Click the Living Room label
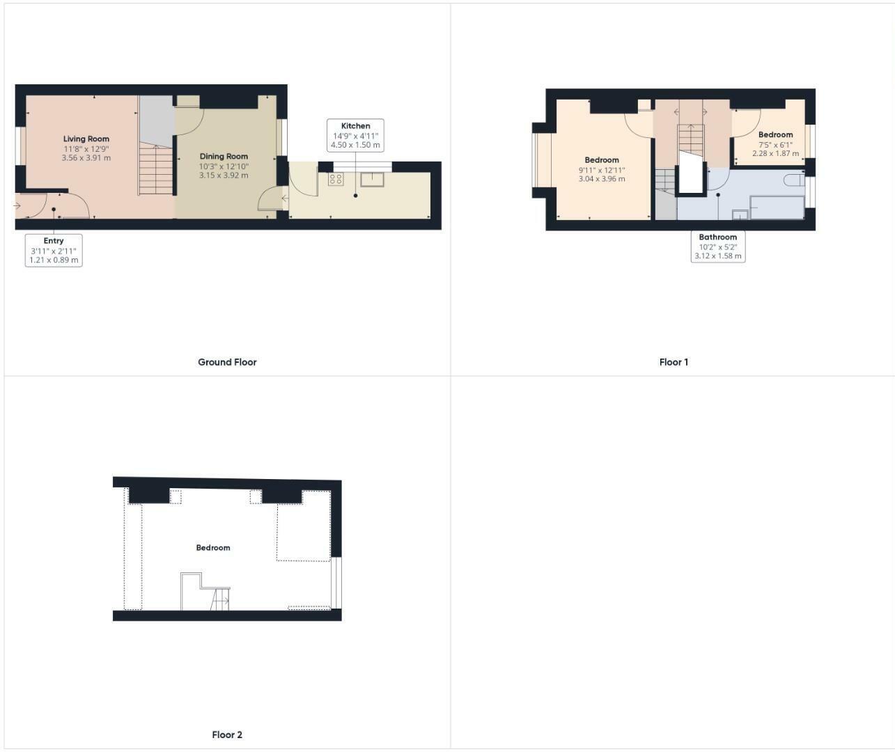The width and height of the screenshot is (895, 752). click(86, 139)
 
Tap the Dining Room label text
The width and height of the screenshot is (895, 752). click(224, 157)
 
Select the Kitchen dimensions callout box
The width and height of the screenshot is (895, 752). click(355, 136)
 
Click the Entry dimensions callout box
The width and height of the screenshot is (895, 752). click(54, 251)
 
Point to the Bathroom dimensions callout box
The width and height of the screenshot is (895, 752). click(718, 246)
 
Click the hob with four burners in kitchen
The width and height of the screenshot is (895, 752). click(336, 180)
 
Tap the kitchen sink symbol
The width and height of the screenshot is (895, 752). click(372, 180)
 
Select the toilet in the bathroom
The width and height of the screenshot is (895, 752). click(793, 180)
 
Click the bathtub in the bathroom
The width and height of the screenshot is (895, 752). click(777, 207)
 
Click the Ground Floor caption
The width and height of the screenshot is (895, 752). click(227, 362)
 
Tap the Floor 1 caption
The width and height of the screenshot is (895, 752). click(674, 362)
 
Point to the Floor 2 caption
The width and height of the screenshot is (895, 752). click(227, 735)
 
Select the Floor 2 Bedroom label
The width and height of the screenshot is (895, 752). click(212, 548)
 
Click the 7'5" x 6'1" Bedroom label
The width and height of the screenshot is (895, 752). click(775, 135)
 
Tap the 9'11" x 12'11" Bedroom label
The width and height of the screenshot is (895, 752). click(602, 160)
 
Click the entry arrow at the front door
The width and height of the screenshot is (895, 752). click(17, 205)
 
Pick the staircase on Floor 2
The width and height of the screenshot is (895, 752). click(220, 600)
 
